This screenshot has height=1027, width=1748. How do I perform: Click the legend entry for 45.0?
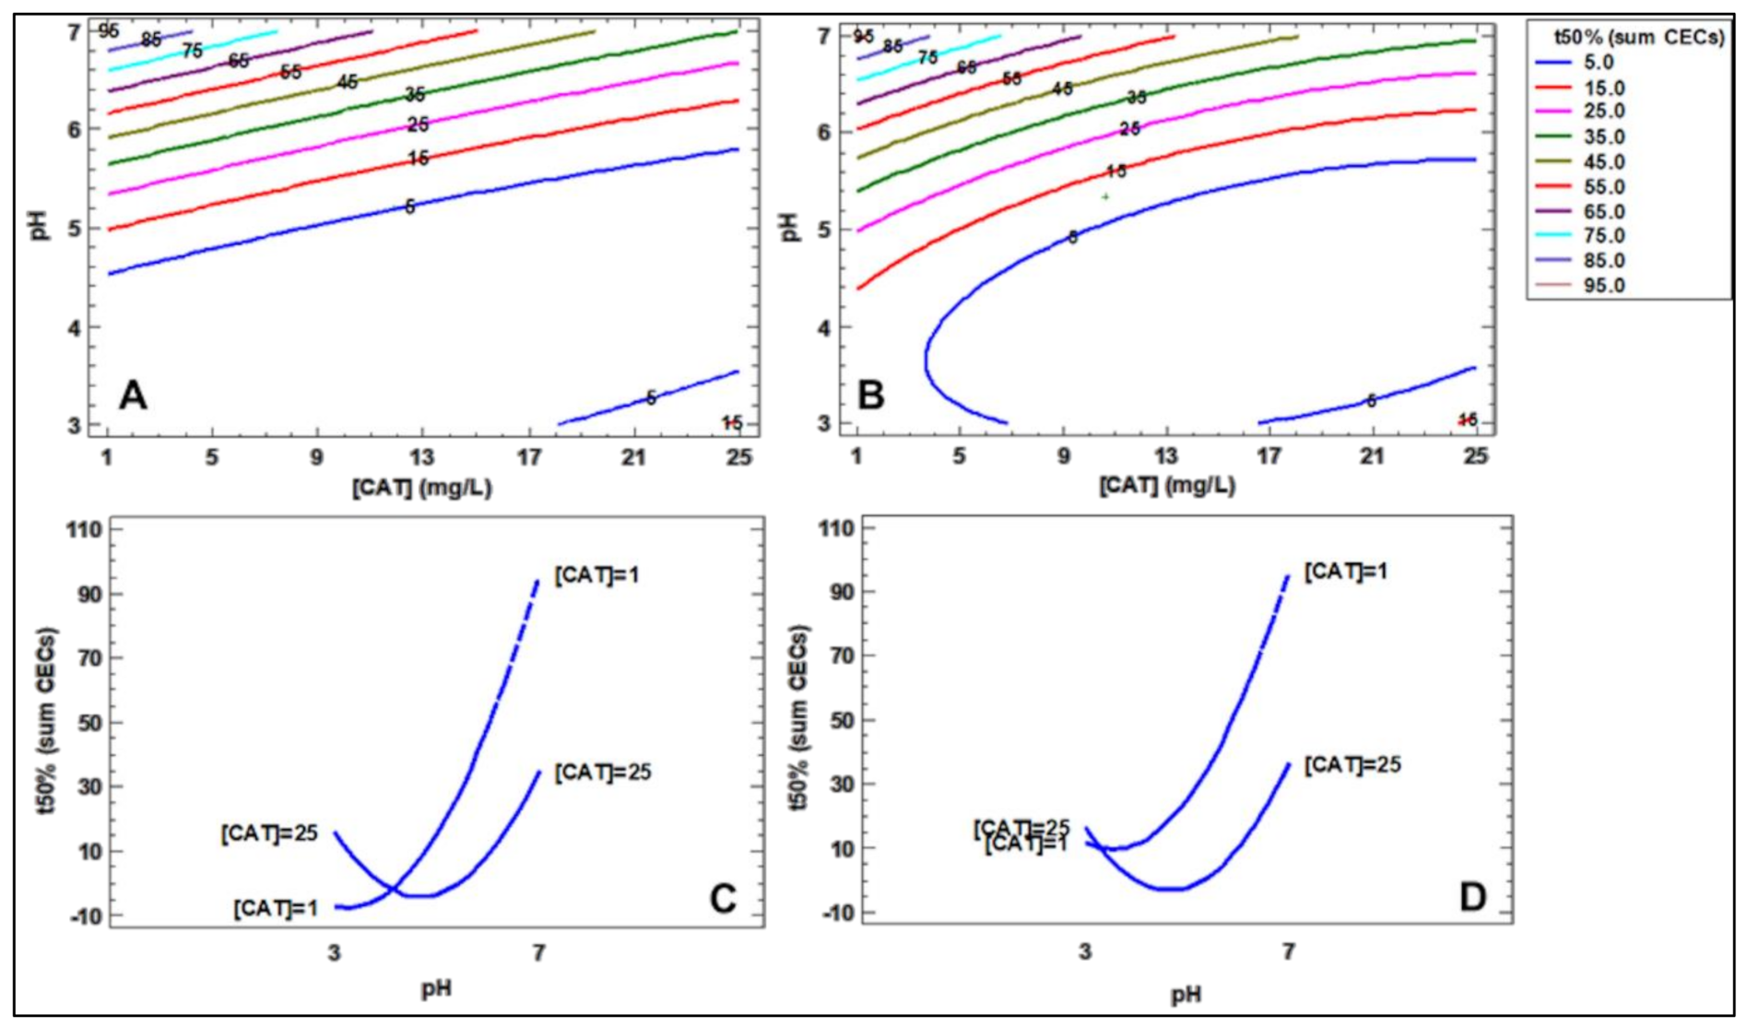point(1604,162)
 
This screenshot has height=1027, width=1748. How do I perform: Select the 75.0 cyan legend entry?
point(1604,236)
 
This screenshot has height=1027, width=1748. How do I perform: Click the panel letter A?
point(133,396)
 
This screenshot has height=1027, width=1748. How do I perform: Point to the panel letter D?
point(1472,897)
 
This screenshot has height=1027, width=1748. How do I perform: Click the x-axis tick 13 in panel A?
point(421,457)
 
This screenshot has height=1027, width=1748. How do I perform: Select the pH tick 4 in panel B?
point(825,328)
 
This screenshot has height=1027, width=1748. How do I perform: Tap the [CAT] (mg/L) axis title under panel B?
point(1166,486)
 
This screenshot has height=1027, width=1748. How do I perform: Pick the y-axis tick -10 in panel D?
point(836,913)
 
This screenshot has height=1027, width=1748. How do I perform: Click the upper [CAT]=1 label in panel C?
point(596,575)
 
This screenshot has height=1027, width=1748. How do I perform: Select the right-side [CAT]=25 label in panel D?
point(1352,765)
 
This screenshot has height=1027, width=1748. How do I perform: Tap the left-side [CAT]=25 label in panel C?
point(269,833)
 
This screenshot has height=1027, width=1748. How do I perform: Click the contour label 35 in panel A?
point(415,95)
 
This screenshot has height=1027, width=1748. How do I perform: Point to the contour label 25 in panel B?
point(1129,129)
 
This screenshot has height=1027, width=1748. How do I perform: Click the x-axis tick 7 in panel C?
point(538,952)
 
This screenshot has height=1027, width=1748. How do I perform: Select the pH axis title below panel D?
point(1186,995)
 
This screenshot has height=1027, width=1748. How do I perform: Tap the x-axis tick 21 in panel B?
point(1373,457)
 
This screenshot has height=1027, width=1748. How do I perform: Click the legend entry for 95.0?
point(1604,286)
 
